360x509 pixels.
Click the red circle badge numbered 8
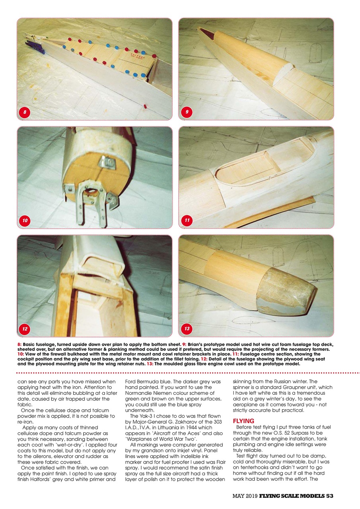[25, 112]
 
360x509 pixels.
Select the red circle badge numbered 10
[25, 220]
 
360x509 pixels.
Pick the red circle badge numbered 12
[25, 329]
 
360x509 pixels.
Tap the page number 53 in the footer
[329, 495]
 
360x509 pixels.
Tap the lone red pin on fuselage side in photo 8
[145, 107]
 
